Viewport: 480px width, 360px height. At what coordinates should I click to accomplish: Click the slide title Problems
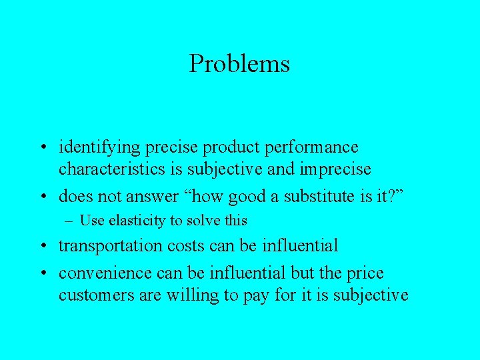point(239,64)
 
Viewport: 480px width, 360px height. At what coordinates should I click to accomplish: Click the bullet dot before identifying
point(42,147)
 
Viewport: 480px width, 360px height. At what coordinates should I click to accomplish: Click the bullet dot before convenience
point(42,274)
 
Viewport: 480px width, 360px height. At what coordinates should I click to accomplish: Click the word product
point(236,147)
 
